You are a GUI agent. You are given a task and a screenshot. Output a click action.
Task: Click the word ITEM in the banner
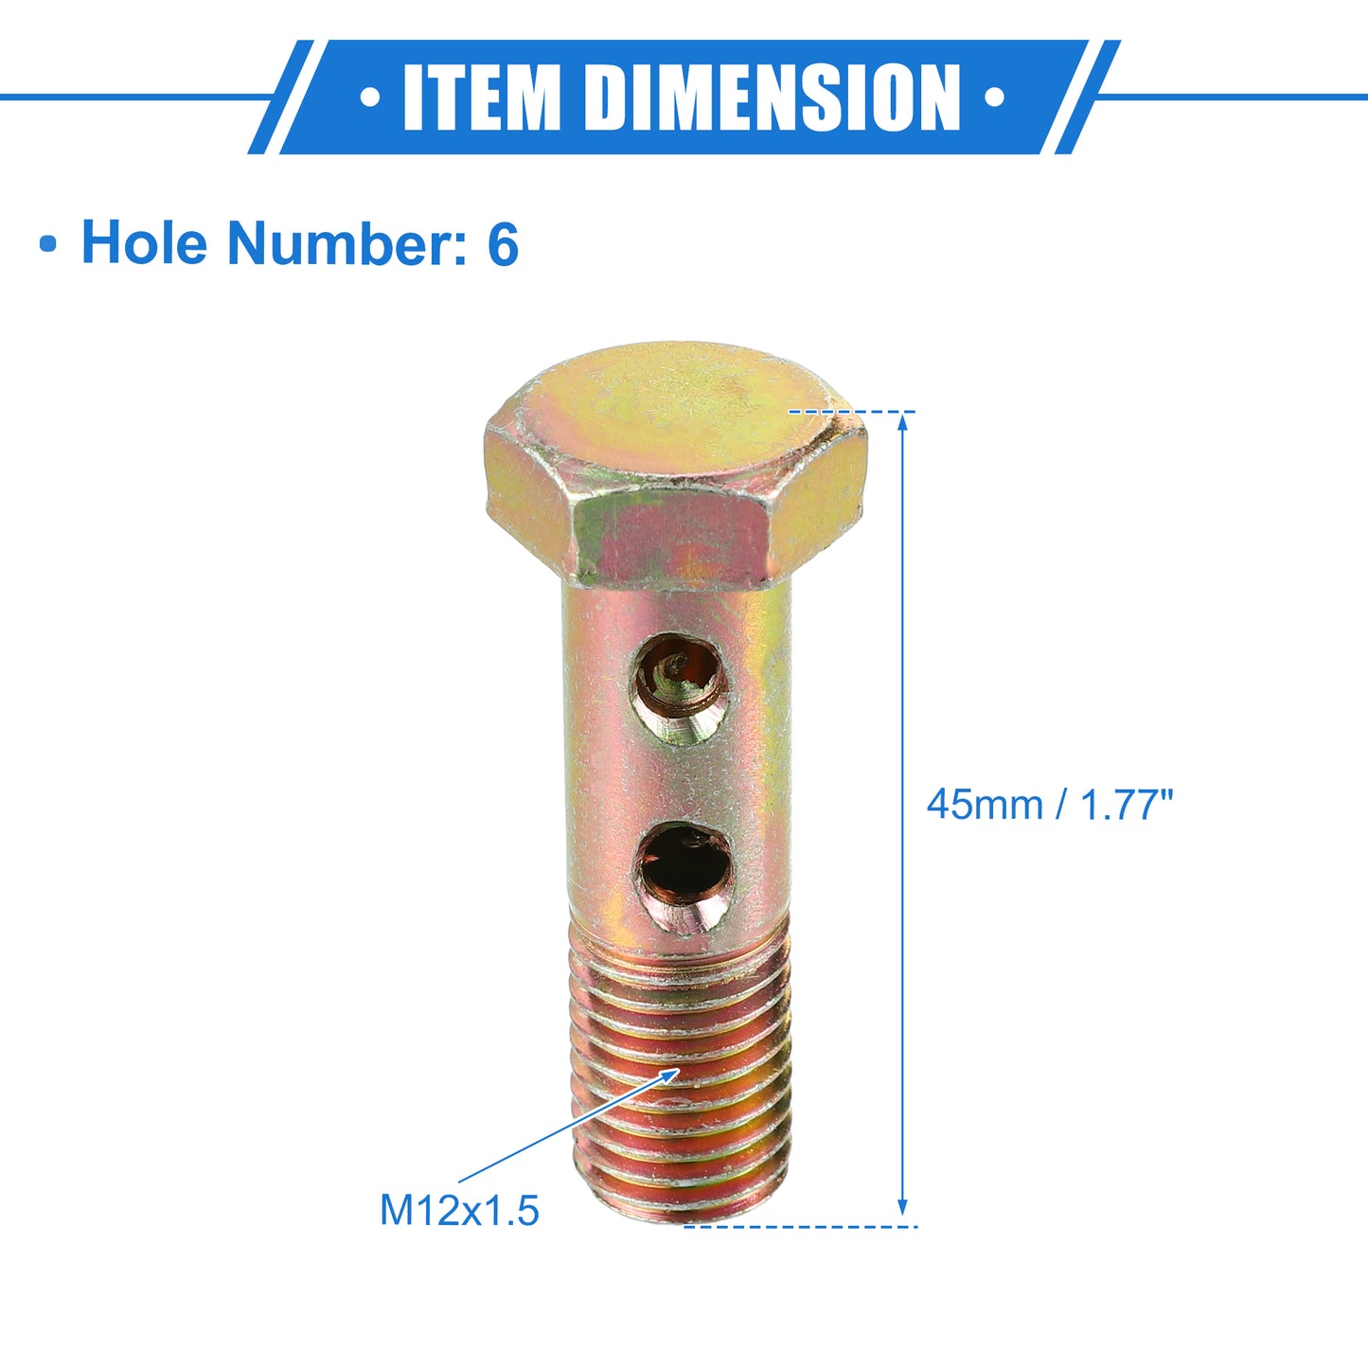tap(482, 98)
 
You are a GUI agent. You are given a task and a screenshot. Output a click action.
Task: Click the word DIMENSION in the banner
tap(773, 98)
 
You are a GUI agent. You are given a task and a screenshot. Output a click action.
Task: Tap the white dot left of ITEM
tap(370, 98)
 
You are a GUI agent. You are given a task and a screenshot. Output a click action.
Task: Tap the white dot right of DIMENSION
tap(994, 98)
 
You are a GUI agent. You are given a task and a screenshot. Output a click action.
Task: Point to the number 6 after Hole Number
tap(504, 243)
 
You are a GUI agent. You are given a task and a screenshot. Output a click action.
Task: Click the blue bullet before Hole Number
tap(48, 245)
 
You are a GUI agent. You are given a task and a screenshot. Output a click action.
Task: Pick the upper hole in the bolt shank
tap(680, 688)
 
